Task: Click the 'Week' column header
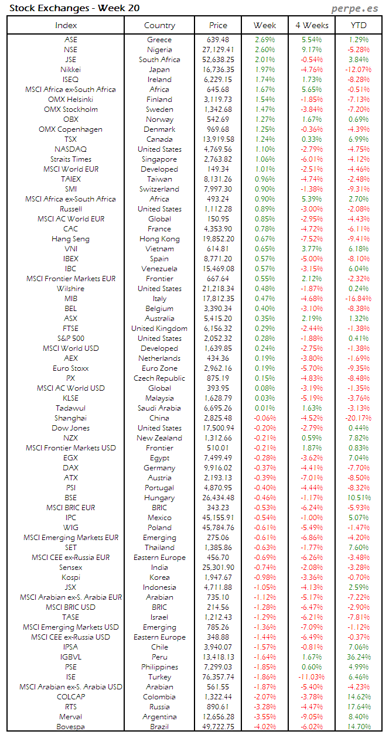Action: coord(265,25)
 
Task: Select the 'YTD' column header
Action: coord(359,25)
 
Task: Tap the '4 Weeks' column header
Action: coord(312,25)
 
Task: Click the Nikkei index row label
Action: coord(70,70)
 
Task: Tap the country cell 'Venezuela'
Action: coord(159,269)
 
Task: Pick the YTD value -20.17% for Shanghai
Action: coord(357,418)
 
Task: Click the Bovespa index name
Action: coord(70,727)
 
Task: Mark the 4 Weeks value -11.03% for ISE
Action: coord(311,677)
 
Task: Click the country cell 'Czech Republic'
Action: coord(159,378)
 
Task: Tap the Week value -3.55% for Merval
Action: coord(265,717)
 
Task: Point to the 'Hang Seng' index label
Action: coord(70,239)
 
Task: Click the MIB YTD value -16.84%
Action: coord(357,299)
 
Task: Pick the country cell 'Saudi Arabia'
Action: coord(159,408)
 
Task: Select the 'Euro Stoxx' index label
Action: coord(70,368)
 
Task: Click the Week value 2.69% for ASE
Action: coord(265,40)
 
